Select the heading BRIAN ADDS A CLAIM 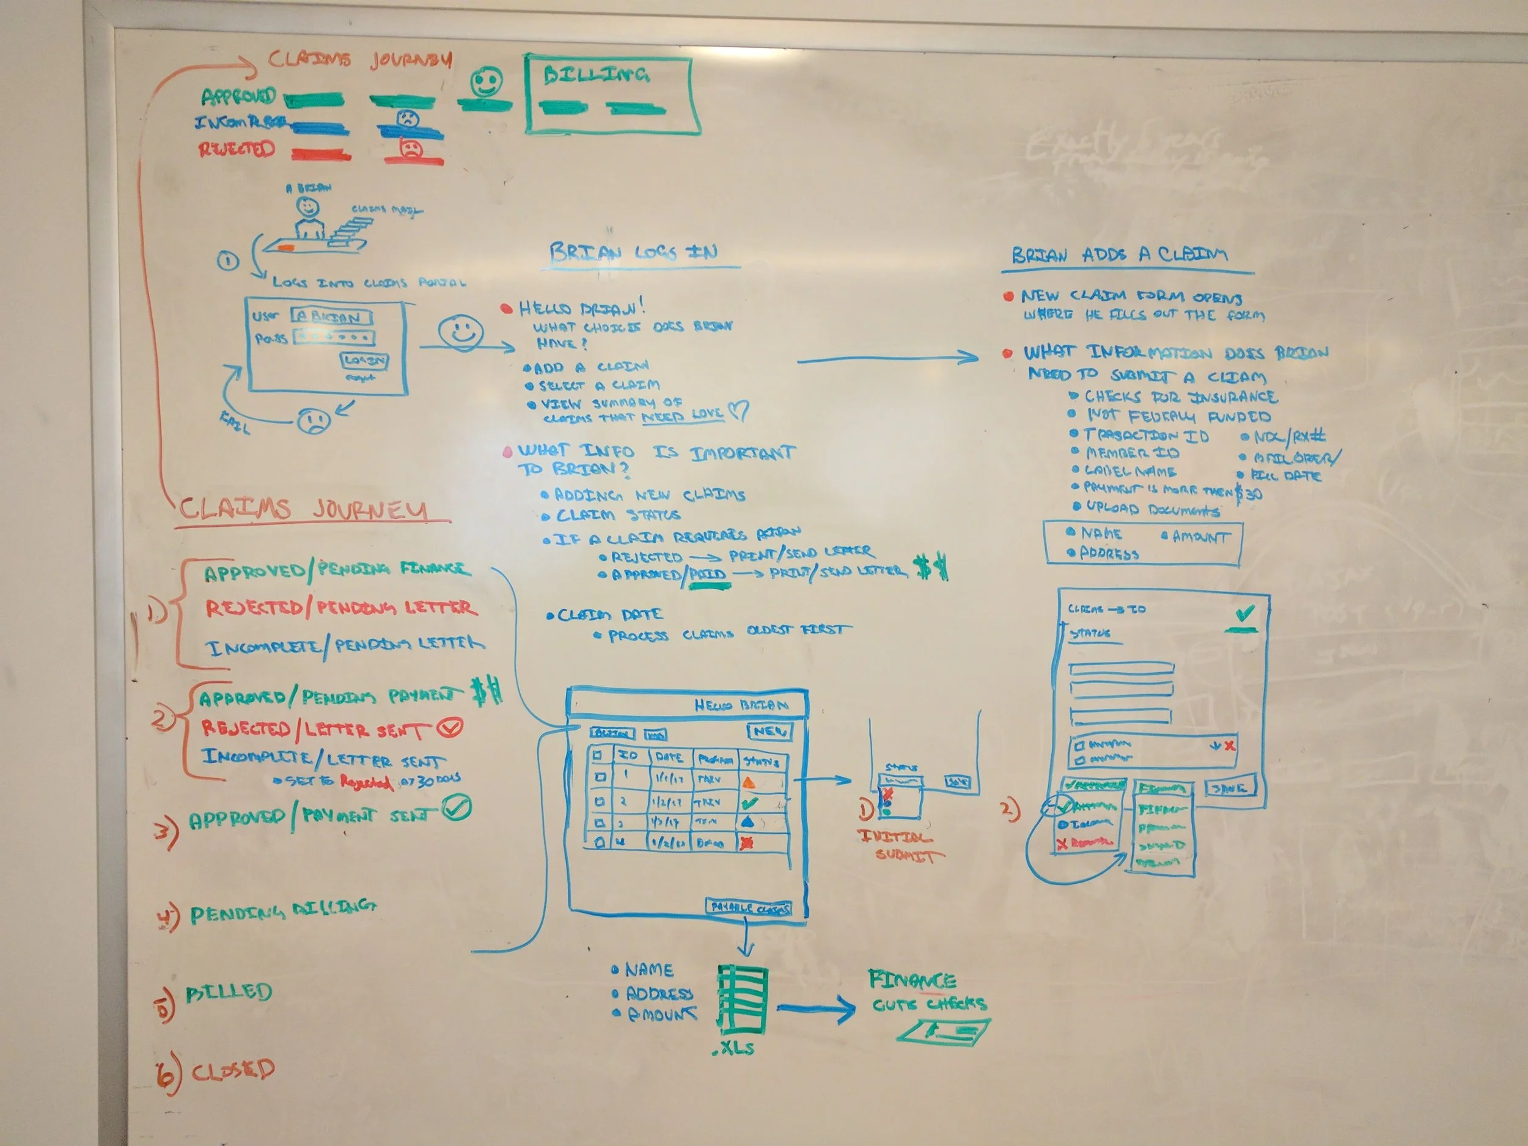[1119, 255]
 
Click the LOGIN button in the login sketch [364, 361]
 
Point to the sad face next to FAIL [314, 419]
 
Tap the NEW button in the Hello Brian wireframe [769, 731]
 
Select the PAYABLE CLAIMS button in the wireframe [749, 908]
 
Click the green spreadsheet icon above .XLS [743, 999]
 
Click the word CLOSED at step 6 [233, 1070]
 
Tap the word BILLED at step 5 [229, 992]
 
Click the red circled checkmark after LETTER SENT [451, 727]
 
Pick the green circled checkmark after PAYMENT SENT [457, 807]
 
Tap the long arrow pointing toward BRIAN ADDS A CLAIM [887, 359]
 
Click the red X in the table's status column [746, 843]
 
